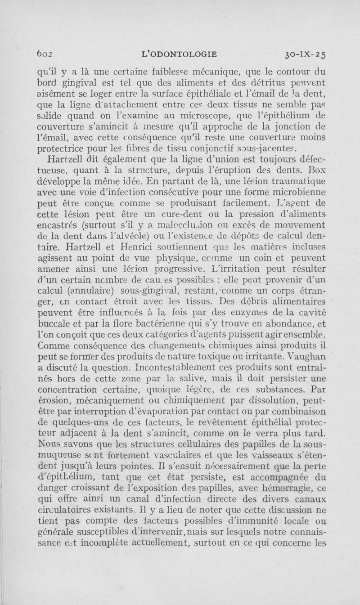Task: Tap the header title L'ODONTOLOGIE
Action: click(179, 54)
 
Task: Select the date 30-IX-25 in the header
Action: click(305, 55)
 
